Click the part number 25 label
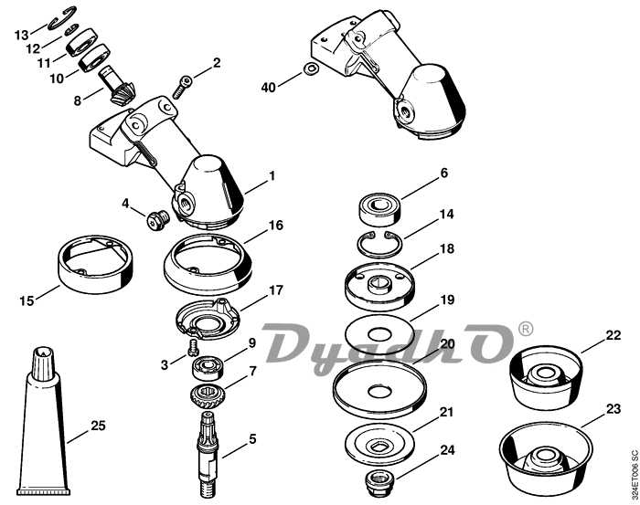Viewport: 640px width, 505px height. point(99,426)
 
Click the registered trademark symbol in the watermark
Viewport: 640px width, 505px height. point(526,327)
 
